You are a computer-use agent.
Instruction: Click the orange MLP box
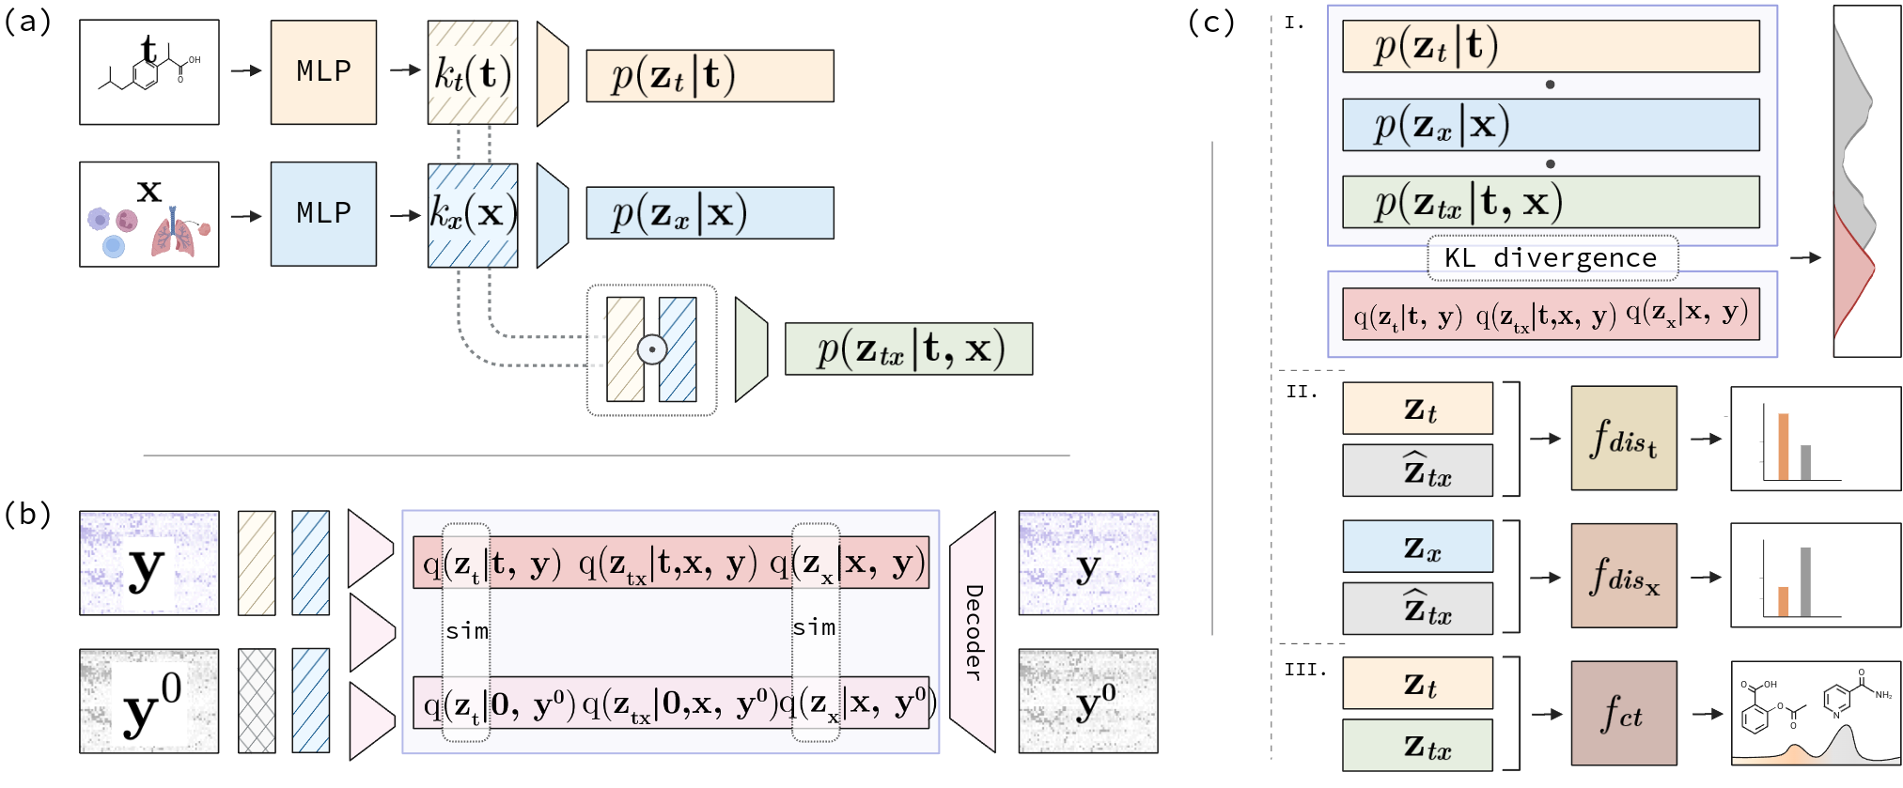tap(323, 72)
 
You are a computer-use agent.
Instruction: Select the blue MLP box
tap(323, 214)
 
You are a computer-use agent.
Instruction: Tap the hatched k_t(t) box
tap(473, 73)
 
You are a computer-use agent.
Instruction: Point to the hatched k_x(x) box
tap(473, 215)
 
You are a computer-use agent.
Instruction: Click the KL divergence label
tap(1552, 258)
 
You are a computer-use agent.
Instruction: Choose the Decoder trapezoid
tap(973, 632)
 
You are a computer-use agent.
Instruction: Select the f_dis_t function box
tap(1623, 438)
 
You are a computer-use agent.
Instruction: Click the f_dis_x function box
tap(1623, 576)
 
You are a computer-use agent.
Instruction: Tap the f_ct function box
tap(1623, 714)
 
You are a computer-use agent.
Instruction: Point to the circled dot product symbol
tap(651, 349)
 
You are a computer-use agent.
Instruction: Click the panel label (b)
tap(27, 515)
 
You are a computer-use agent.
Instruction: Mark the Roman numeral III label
tap(1305, 670)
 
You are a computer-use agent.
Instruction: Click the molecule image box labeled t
tap(149, 72)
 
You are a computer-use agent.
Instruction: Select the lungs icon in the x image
tap(173, 235)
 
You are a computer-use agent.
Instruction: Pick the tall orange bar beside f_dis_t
tap(1783, 446)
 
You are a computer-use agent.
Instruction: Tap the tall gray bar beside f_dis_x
tap(1805, 581)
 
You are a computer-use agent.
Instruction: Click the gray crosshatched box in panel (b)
tap(257, 701)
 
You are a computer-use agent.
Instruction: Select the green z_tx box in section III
tap(1417, 745)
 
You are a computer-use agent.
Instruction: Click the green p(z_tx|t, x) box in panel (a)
tap(909, 349)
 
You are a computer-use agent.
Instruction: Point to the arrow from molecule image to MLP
tap(245, 70)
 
